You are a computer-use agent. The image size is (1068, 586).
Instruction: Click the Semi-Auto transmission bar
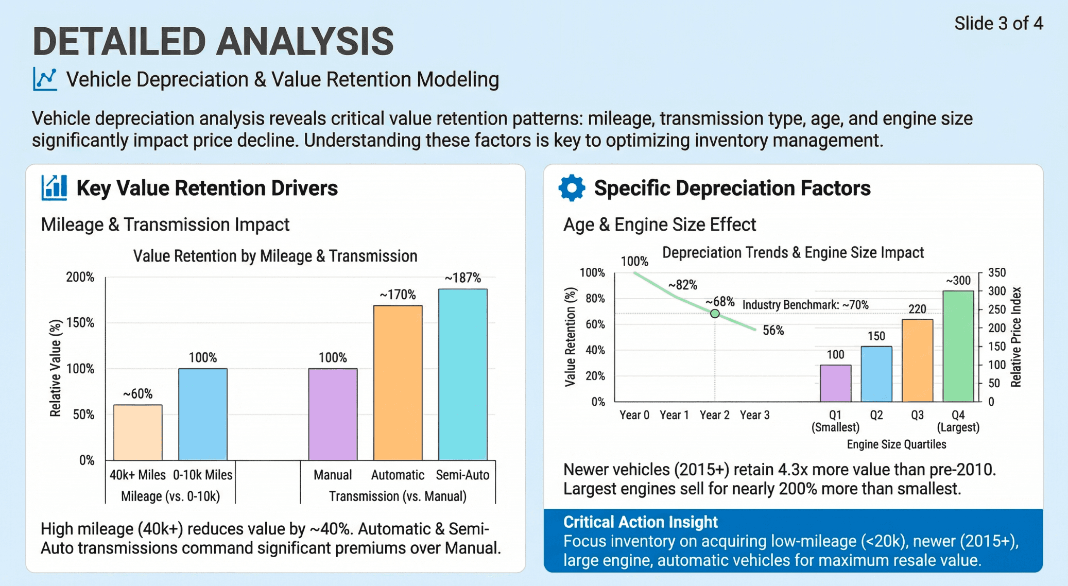tap(462, 374)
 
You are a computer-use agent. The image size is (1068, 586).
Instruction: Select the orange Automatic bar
tap(398, 383)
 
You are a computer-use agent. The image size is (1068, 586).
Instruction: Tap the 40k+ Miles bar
tap(137, 432)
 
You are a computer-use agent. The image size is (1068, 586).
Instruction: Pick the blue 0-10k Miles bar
tap(202, 414)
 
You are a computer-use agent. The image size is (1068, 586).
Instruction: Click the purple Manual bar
tap(333, 414)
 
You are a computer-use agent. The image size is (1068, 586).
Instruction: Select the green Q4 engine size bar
tap(958, 346)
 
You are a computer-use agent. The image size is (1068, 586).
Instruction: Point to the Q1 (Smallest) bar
tap(835, 383)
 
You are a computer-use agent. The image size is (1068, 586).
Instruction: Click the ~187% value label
tap(462, 278)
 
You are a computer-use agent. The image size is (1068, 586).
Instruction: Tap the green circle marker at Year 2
tap(715, 314)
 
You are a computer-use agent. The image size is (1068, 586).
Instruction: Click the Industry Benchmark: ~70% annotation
tap(805, 305)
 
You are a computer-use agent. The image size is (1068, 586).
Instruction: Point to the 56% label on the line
tap(773, 331)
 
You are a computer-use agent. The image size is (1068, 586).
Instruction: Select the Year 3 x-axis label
tap(754, 415)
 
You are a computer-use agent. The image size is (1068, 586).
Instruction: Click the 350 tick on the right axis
tap(997, 272)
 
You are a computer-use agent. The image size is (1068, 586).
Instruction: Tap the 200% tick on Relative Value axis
tap(80, 277)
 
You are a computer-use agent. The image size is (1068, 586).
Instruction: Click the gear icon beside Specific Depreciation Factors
tap(572, 188)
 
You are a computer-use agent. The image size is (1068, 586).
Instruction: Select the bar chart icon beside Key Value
tap(54, 188)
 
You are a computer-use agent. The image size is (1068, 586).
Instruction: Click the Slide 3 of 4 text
tap(998, 24)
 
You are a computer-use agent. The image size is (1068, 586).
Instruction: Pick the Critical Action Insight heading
tap(640, 522)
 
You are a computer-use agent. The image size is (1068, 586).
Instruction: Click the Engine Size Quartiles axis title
tap(896, 444)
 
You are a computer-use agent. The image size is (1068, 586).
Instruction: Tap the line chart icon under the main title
tap(45, 79)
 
